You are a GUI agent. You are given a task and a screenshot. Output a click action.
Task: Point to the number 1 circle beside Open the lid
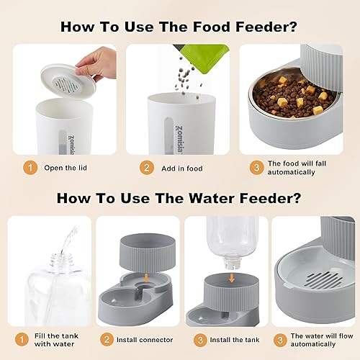[30, 168]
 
